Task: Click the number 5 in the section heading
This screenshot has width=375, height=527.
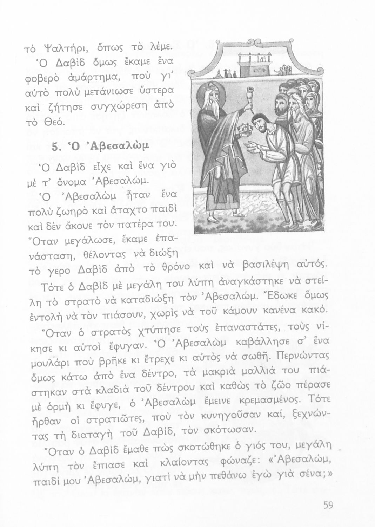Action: pyautogui.click(x=55, y=147)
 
